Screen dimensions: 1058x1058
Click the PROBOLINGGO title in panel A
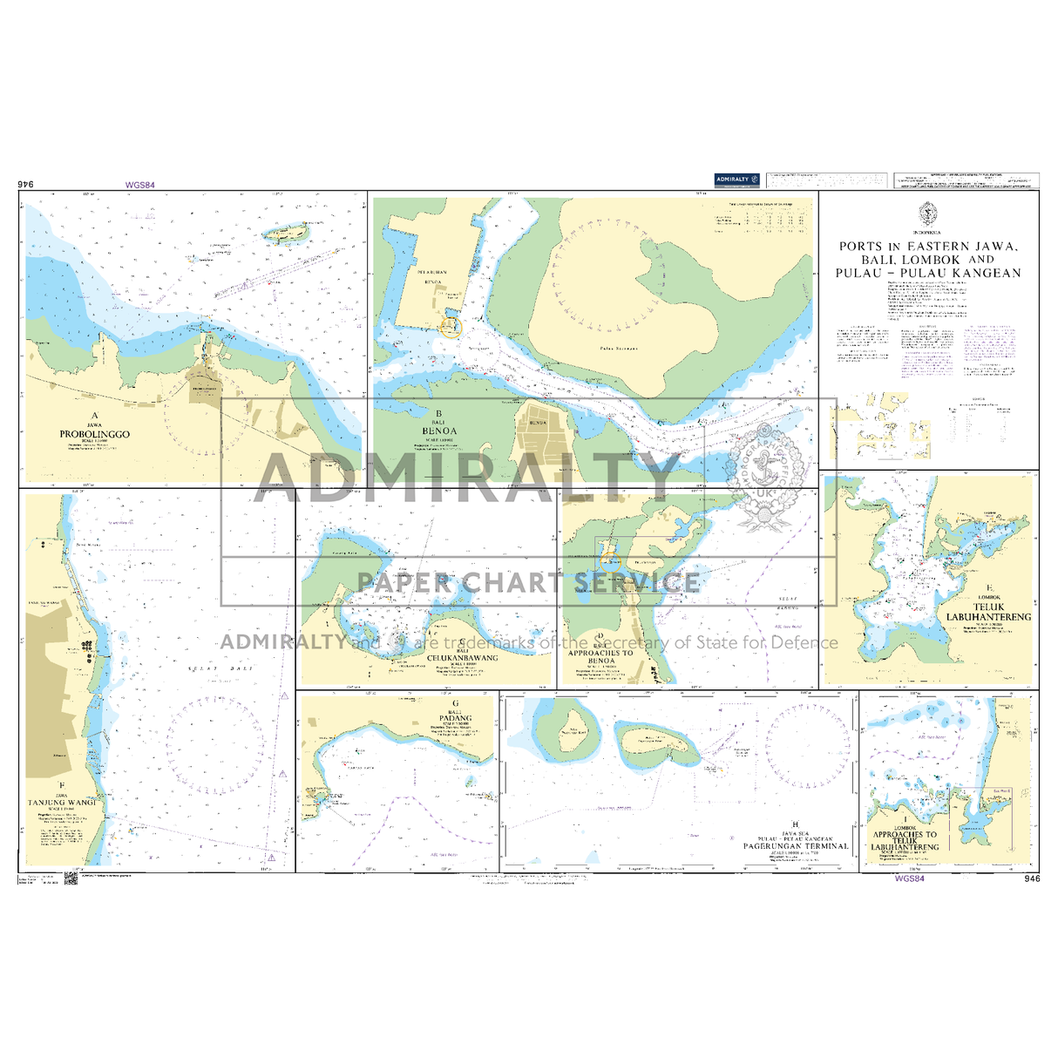(x=94, y=434)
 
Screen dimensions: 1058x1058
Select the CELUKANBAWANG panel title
(x=463, y=658)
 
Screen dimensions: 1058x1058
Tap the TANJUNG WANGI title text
(x=61, y=803)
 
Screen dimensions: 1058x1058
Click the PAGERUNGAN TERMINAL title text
(x=795, y=845)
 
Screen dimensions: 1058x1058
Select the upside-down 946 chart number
(x=25, y=184)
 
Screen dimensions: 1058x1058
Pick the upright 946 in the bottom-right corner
(x=1033, y=879)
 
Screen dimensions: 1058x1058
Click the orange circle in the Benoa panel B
(x=451, y=326)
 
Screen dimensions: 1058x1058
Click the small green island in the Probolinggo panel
(x=288, y=233)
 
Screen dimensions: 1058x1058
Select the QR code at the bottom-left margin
(x=71, y=880)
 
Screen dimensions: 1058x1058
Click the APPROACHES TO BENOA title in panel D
(x=600, y=656)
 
